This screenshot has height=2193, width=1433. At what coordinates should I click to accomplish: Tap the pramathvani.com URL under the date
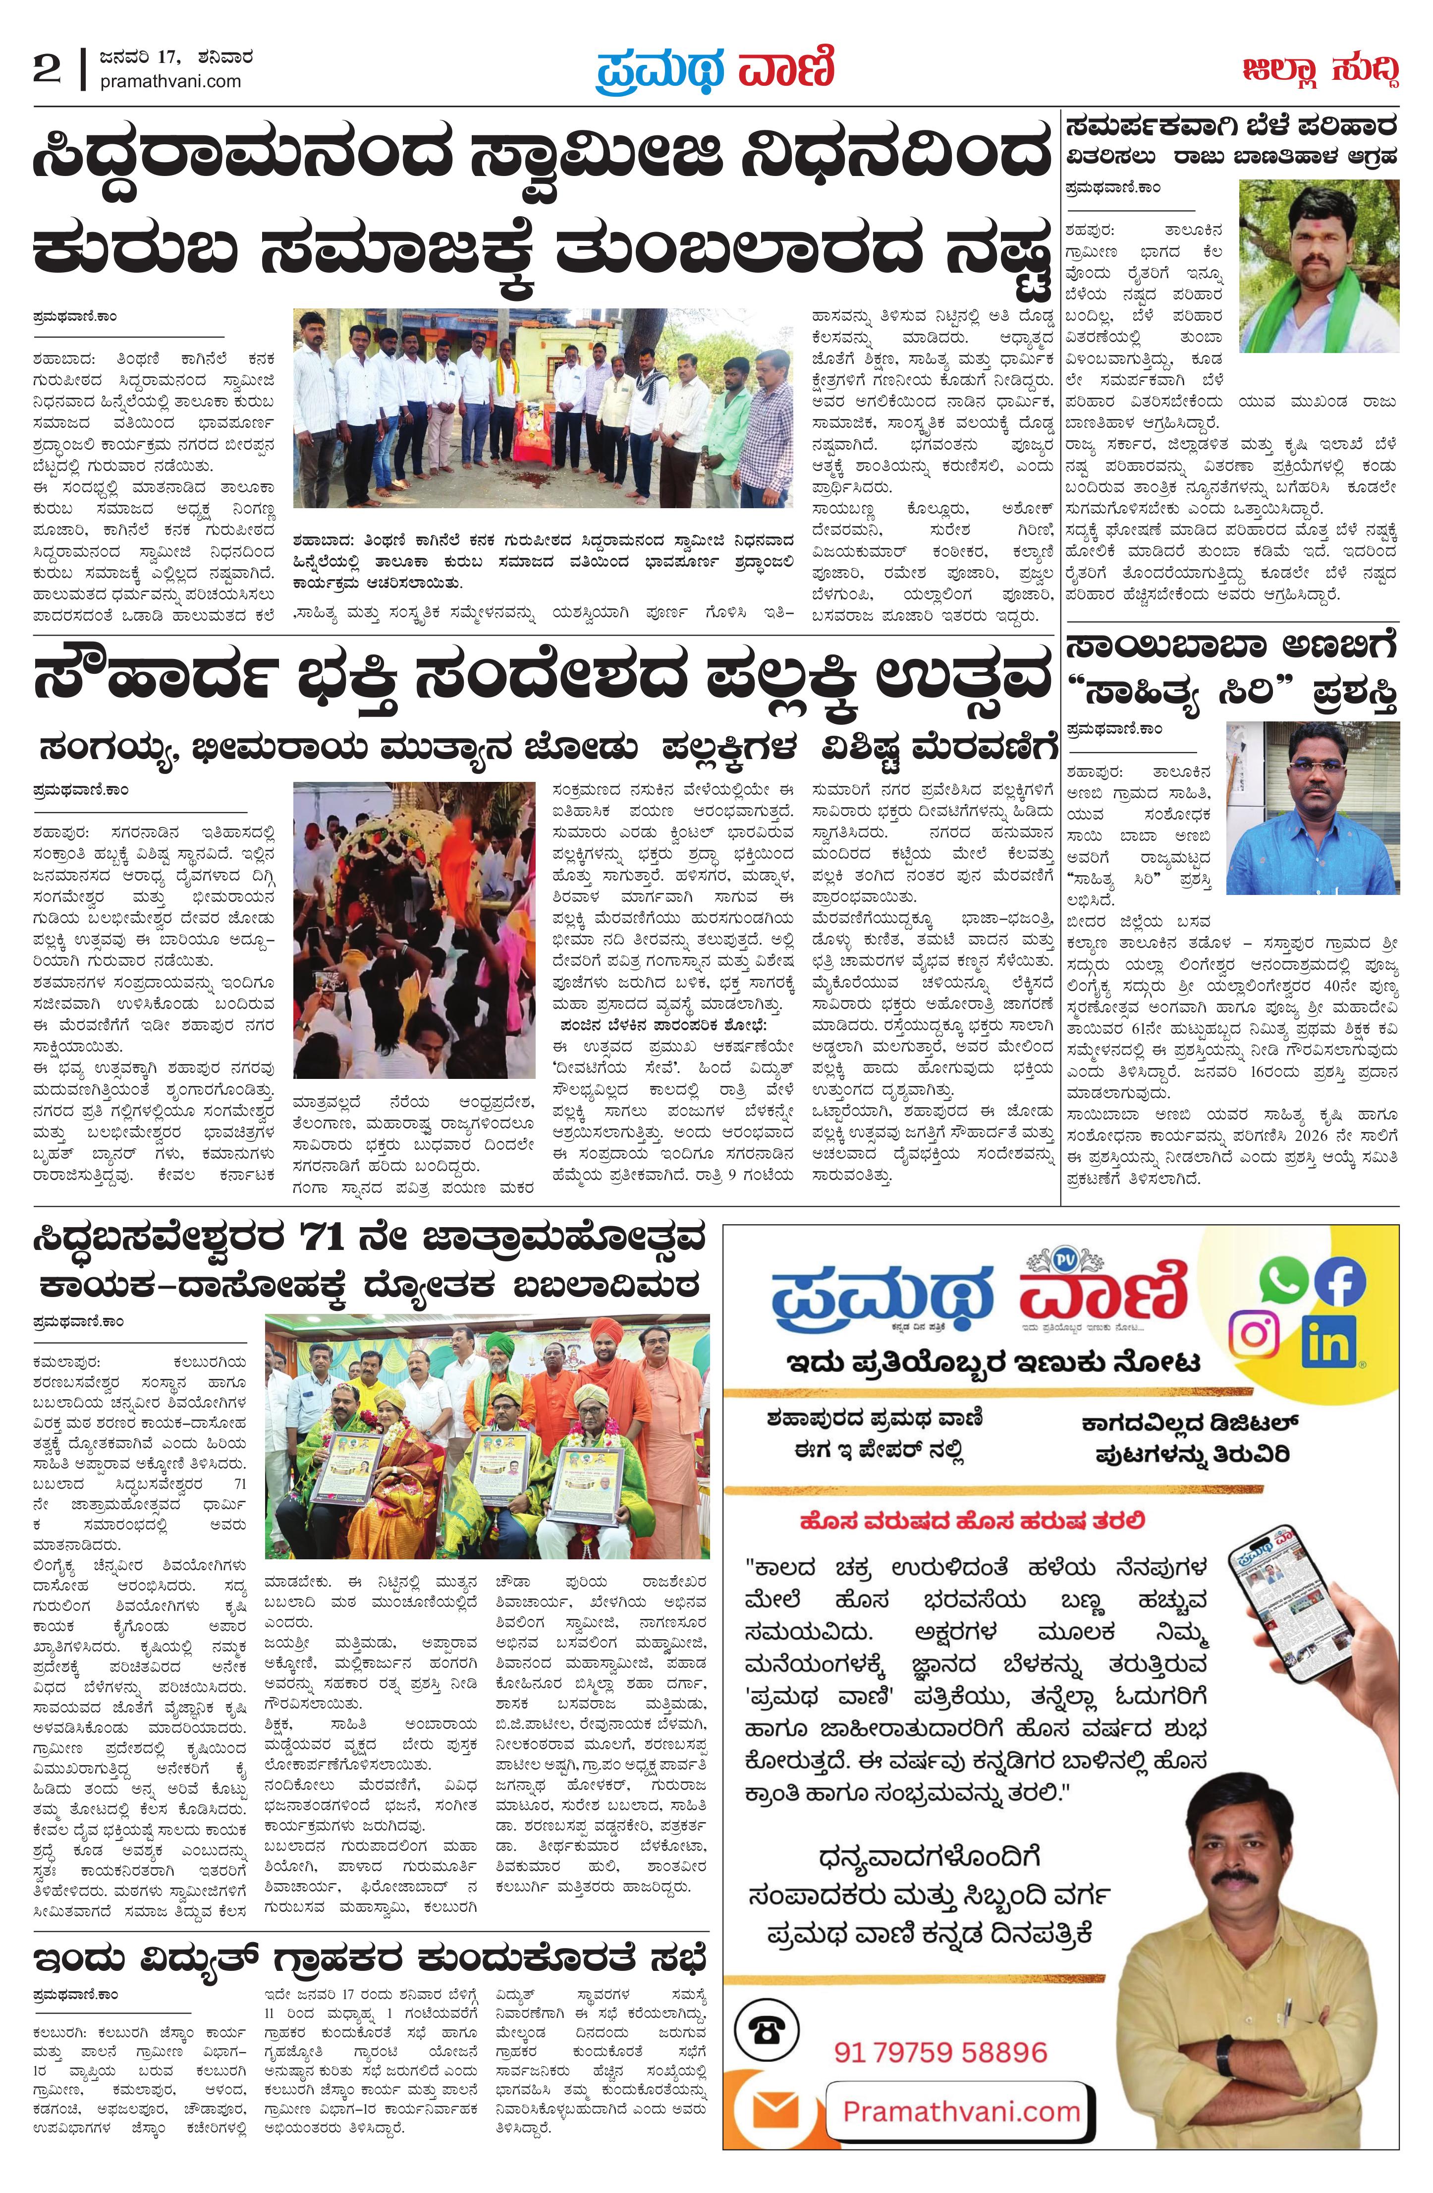pyautogui.click(x=170, y=82)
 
